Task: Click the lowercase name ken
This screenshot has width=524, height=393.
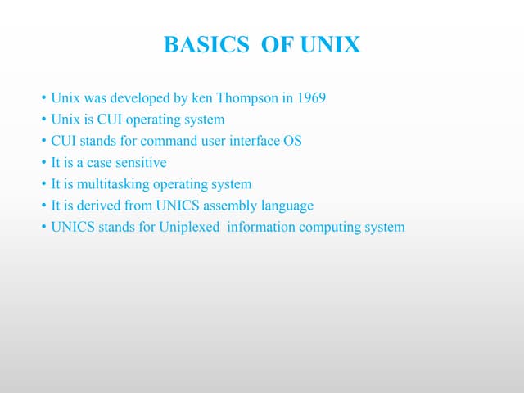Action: tap(201, 98)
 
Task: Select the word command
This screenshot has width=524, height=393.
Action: tap(169, 141)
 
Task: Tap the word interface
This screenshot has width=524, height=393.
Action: tap(255, 141)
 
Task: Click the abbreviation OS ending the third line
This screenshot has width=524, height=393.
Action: tap(292, 141)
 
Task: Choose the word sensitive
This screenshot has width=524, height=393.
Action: tap(140, 162)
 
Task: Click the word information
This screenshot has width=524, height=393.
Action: tap(261, 227)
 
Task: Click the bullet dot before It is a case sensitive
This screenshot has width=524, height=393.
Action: tap(43, 163)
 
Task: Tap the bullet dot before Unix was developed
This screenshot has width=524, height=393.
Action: tap(43, 99)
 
